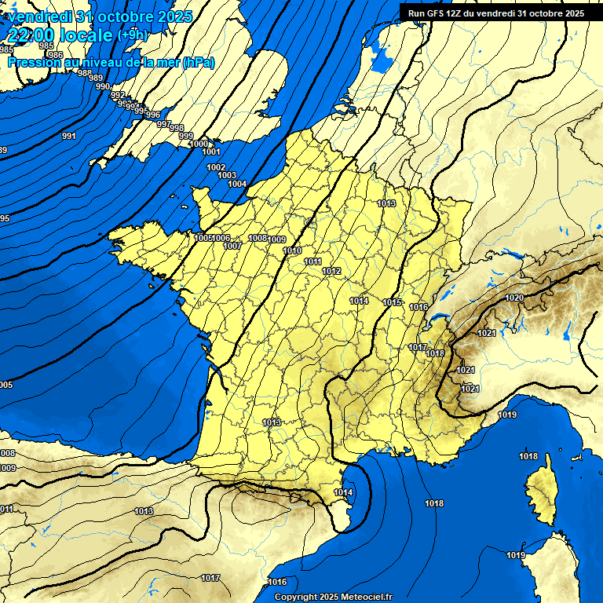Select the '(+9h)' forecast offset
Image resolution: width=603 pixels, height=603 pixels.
click(132, 35)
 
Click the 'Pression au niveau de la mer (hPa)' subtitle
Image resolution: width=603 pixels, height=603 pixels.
click(111, 63)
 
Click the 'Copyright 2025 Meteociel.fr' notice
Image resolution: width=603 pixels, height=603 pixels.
click(333, 597)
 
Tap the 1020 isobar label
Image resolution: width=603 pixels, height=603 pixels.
click(514, 298)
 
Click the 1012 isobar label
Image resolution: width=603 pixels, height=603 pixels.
click(331, 271)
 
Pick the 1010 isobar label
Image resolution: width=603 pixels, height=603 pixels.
click(292, 250)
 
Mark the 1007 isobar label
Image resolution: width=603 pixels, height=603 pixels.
click(232, 246)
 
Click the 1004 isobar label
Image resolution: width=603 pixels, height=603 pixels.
click(237, 184)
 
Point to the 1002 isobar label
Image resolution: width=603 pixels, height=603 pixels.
click(217, 167)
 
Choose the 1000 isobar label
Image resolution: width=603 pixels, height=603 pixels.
click(199, 144)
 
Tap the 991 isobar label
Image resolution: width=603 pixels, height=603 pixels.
click(68, 137)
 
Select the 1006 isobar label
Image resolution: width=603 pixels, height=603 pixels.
click(221, 238)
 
